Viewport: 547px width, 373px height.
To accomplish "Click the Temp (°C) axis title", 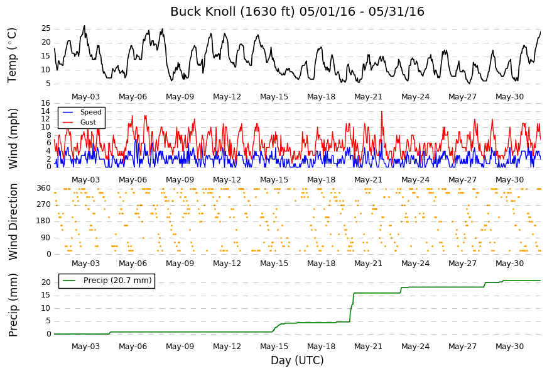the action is (x=12, y=55).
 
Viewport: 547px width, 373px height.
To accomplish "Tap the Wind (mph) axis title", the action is (x=13, y=138).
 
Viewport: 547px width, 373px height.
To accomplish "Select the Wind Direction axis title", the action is (x=13, y=222).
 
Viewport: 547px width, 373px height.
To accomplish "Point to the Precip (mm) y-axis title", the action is (x=13, y=305).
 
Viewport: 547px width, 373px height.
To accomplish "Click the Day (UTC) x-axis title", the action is (x=297, y=360).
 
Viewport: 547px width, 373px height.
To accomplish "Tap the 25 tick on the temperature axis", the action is (x=46, y=29).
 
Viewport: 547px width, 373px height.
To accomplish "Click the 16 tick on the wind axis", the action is (x=46, y=103).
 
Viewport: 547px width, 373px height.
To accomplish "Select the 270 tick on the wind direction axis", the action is (x=44, y=204).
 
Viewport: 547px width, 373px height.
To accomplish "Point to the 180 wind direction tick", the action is (x=44, y=221).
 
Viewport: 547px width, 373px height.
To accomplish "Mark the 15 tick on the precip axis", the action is (x=46, y=296).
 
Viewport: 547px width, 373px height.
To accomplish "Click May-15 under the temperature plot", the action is (x=274, y=97).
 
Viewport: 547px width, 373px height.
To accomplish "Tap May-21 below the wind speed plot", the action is (x=369, y=180).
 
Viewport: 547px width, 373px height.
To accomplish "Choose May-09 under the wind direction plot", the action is (x=180, y=264).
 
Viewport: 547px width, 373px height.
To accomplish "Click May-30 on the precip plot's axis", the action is (x=510, y=347).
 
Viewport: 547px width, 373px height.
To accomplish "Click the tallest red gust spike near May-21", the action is (x=382, y=111).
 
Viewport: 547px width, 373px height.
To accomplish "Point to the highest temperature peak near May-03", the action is (x=84, y=26).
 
